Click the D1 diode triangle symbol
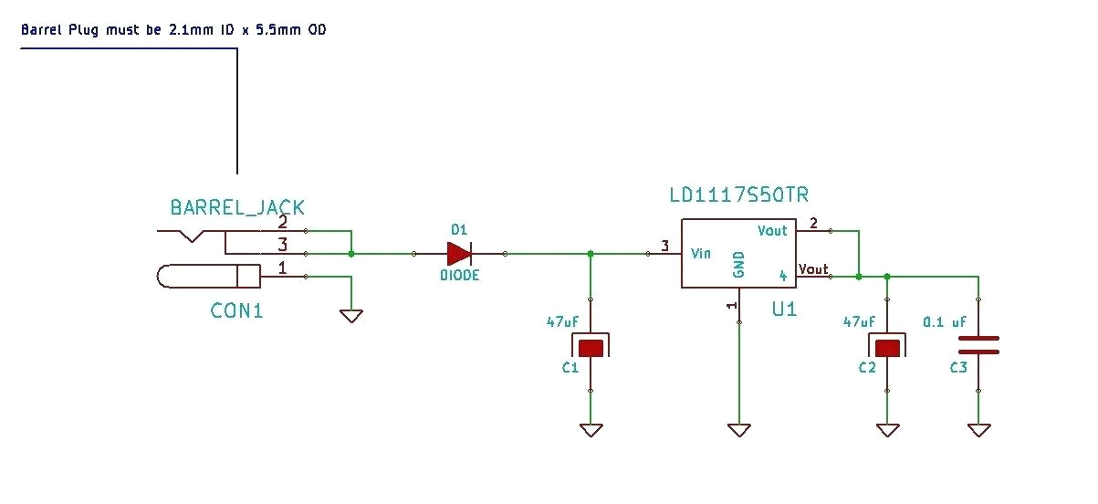458,254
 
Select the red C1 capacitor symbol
591,347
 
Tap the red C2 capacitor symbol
886,347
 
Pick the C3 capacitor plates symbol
978,345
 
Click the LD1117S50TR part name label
738,195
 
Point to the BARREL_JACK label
237,208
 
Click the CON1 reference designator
236,310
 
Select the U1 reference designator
784,309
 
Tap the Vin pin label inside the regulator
701,253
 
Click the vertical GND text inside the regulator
739,265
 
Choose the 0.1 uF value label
945,322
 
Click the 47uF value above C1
562,322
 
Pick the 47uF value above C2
859,322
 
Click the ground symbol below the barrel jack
351,316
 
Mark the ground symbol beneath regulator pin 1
738,429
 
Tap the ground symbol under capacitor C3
978,429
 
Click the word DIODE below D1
459,275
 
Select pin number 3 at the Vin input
664,246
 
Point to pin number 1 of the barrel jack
282,268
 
